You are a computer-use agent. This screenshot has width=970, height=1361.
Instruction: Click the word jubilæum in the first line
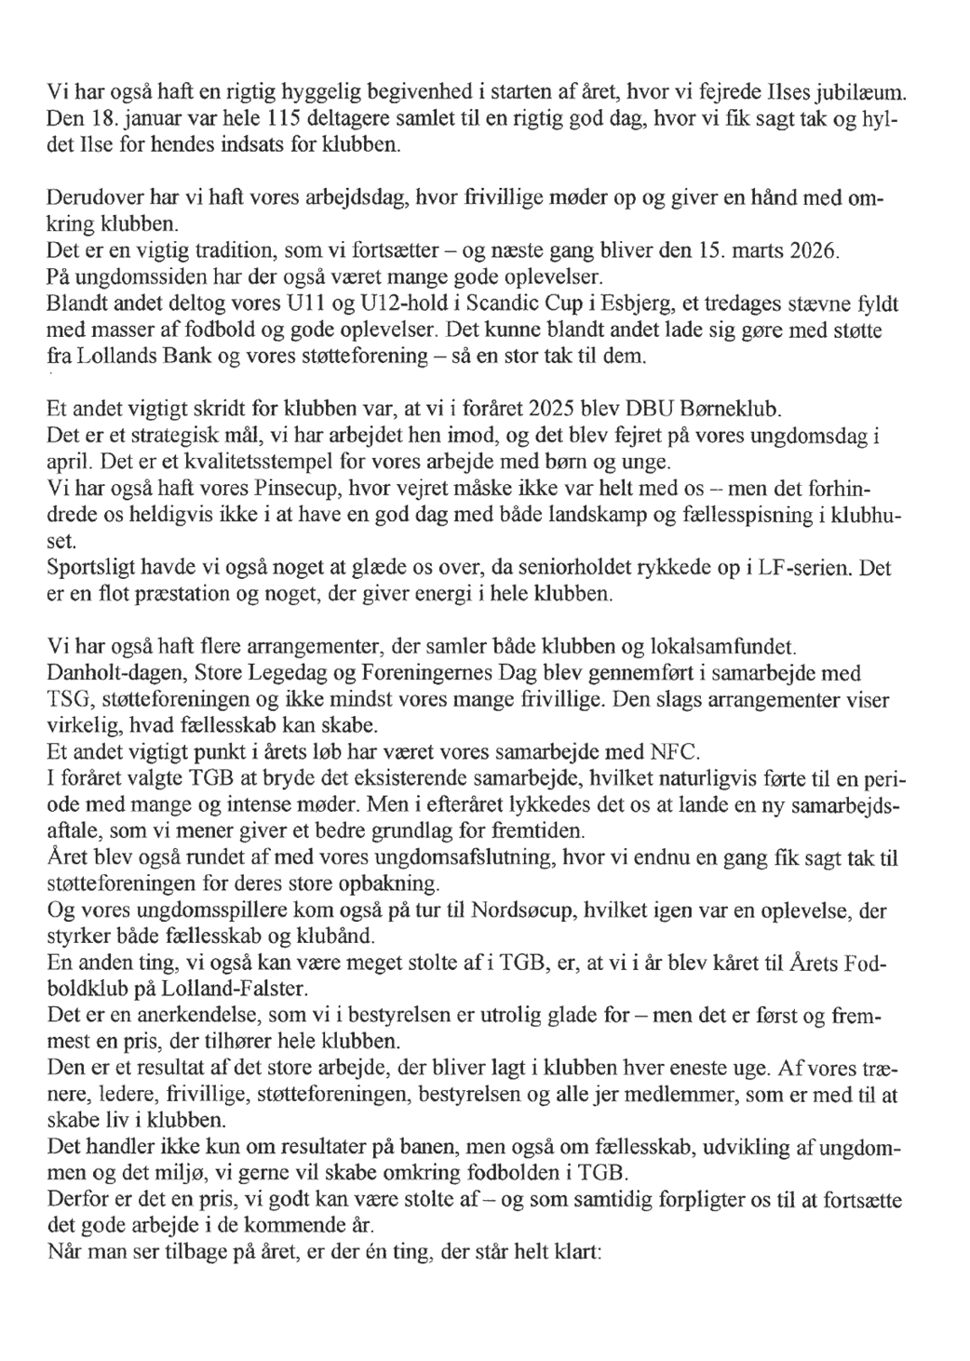click(863, 94)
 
